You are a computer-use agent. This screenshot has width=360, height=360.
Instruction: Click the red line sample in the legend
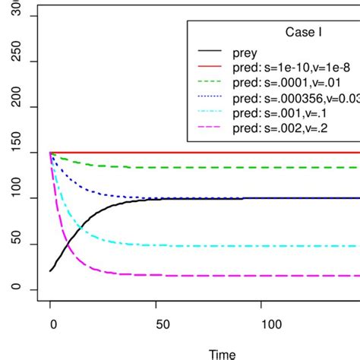212,68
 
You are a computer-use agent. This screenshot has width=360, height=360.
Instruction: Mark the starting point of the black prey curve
51,270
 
